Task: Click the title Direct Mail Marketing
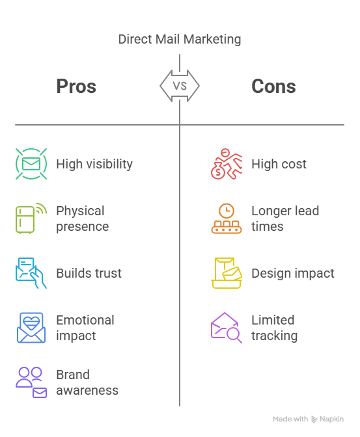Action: click(180, 39)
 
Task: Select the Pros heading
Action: click(76, 86)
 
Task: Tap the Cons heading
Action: click(273, 86)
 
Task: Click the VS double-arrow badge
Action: click(180, 86)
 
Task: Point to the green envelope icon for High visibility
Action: click(31, 164)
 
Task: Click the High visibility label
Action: click(94, 164)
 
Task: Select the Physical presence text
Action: click(82, 218)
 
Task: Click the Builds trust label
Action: click(89, 273)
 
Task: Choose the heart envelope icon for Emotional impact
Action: click(31, 328)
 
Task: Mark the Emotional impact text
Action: click(85, 328)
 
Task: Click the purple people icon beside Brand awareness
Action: click(31, 382)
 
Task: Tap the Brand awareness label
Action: click(87, 382)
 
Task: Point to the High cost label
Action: click(279, 164)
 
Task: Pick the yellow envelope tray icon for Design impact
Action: click(227, 273)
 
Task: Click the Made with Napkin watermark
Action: click(309, 419)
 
